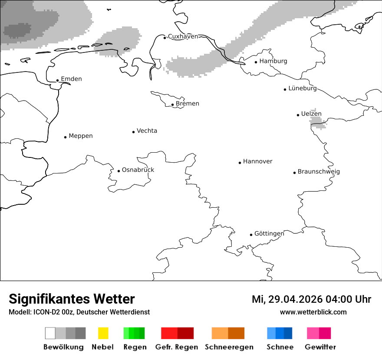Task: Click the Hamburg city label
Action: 273,61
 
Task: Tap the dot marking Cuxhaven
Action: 165,38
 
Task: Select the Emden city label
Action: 71,79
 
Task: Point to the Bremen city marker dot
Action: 172,105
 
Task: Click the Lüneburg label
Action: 303,88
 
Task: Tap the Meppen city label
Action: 81,136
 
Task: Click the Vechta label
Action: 147,131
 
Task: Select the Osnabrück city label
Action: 138,170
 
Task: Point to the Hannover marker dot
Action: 240,163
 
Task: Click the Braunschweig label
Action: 319,172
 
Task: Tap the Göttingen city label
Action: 269,234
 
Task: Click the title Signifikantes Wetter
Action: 72,299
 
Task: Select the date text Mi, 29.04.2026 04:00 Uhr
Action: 311,299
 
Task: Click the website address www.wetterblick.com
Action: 313,312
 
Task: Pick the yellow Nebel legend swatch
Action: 103,333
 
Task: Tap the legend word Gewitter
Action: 320,347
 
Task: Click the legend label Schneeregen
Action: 229,347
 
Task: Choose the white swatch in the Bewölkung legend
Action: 50,333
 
